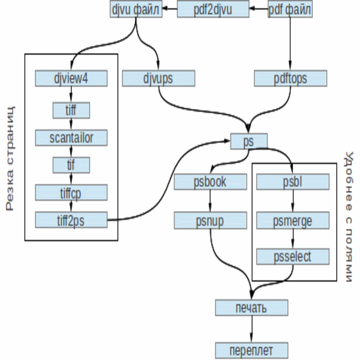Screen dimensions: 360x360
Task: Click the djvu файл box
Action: click(136, 10)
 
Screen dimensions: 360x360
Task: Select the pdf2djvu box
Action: click(213, 10)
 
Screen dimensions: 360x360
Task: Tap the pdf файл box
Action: click(290, 10)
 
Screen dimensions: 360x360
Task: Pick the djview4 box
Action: click(71, 78)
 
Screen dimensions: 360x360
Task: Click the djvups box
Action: click(158, 78)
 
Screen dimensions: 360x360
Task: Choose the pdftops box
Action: click(291, 78)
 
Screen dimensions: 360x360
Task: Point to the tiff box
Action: click(71, 111)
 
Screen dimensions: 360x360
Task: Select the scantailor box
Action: click(71, 138)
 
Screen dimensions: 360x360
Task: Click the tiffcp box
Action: click(71, 193)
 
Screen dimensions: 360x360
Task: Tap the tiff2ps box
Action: click(71, 220)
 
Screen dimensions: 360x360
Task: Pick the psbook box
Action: click(210, 182)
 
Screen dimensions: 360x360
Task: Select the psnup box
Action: click(210, 219)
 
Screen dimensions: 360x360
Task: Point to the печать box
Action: click(251, 307)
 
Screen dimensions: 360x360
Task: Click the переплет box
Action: click(251, 350)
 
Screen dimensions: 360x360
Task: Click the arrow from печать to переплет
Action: click(251, 329)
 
